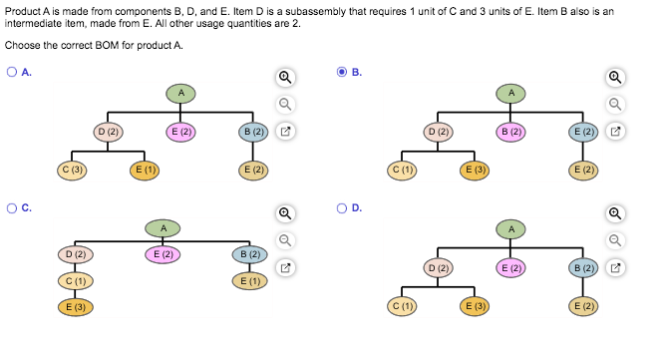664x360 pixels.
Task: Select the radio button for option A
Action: [11, 72]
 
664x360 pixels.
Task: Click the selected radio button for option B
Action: [342, 72]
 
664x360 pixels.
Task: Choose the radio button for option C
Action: [11, 208]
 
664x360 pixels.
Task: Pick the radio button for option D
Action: [342, 208]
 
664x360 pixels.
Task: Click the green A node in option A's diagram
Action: [181, 93]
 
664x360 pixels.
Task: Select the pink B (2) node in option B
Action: [510, 131]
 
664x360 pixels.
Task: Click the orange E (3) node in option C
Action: [74, 305]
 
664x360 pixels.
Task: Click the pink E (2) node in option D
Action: [510, 267]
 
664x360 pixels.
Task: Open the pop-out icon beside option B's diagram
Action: [615, 131]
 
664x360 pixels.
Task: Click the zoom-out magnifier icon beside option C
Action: [285, 239]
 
